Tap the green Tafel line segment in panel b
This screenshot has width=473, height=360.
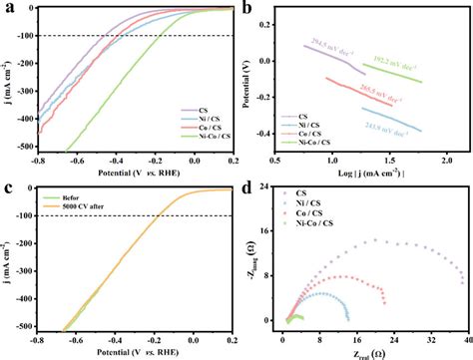point(419,73)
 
